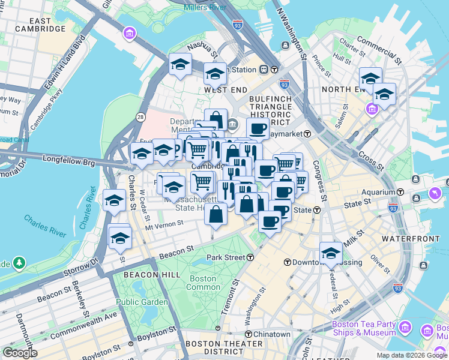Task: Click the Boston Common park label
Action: point(203,283)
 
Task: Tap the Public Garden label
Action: point(142,302)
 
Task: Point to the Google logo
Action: point(20,353)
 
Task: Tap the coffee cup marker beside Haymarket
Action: point(258,128)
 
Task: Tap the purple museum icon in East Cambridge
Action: point(129,32)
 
